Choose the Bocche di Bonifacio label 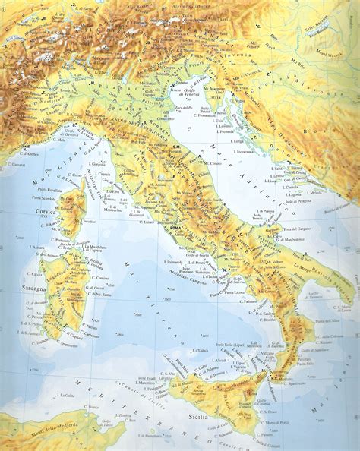point(81,242)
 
